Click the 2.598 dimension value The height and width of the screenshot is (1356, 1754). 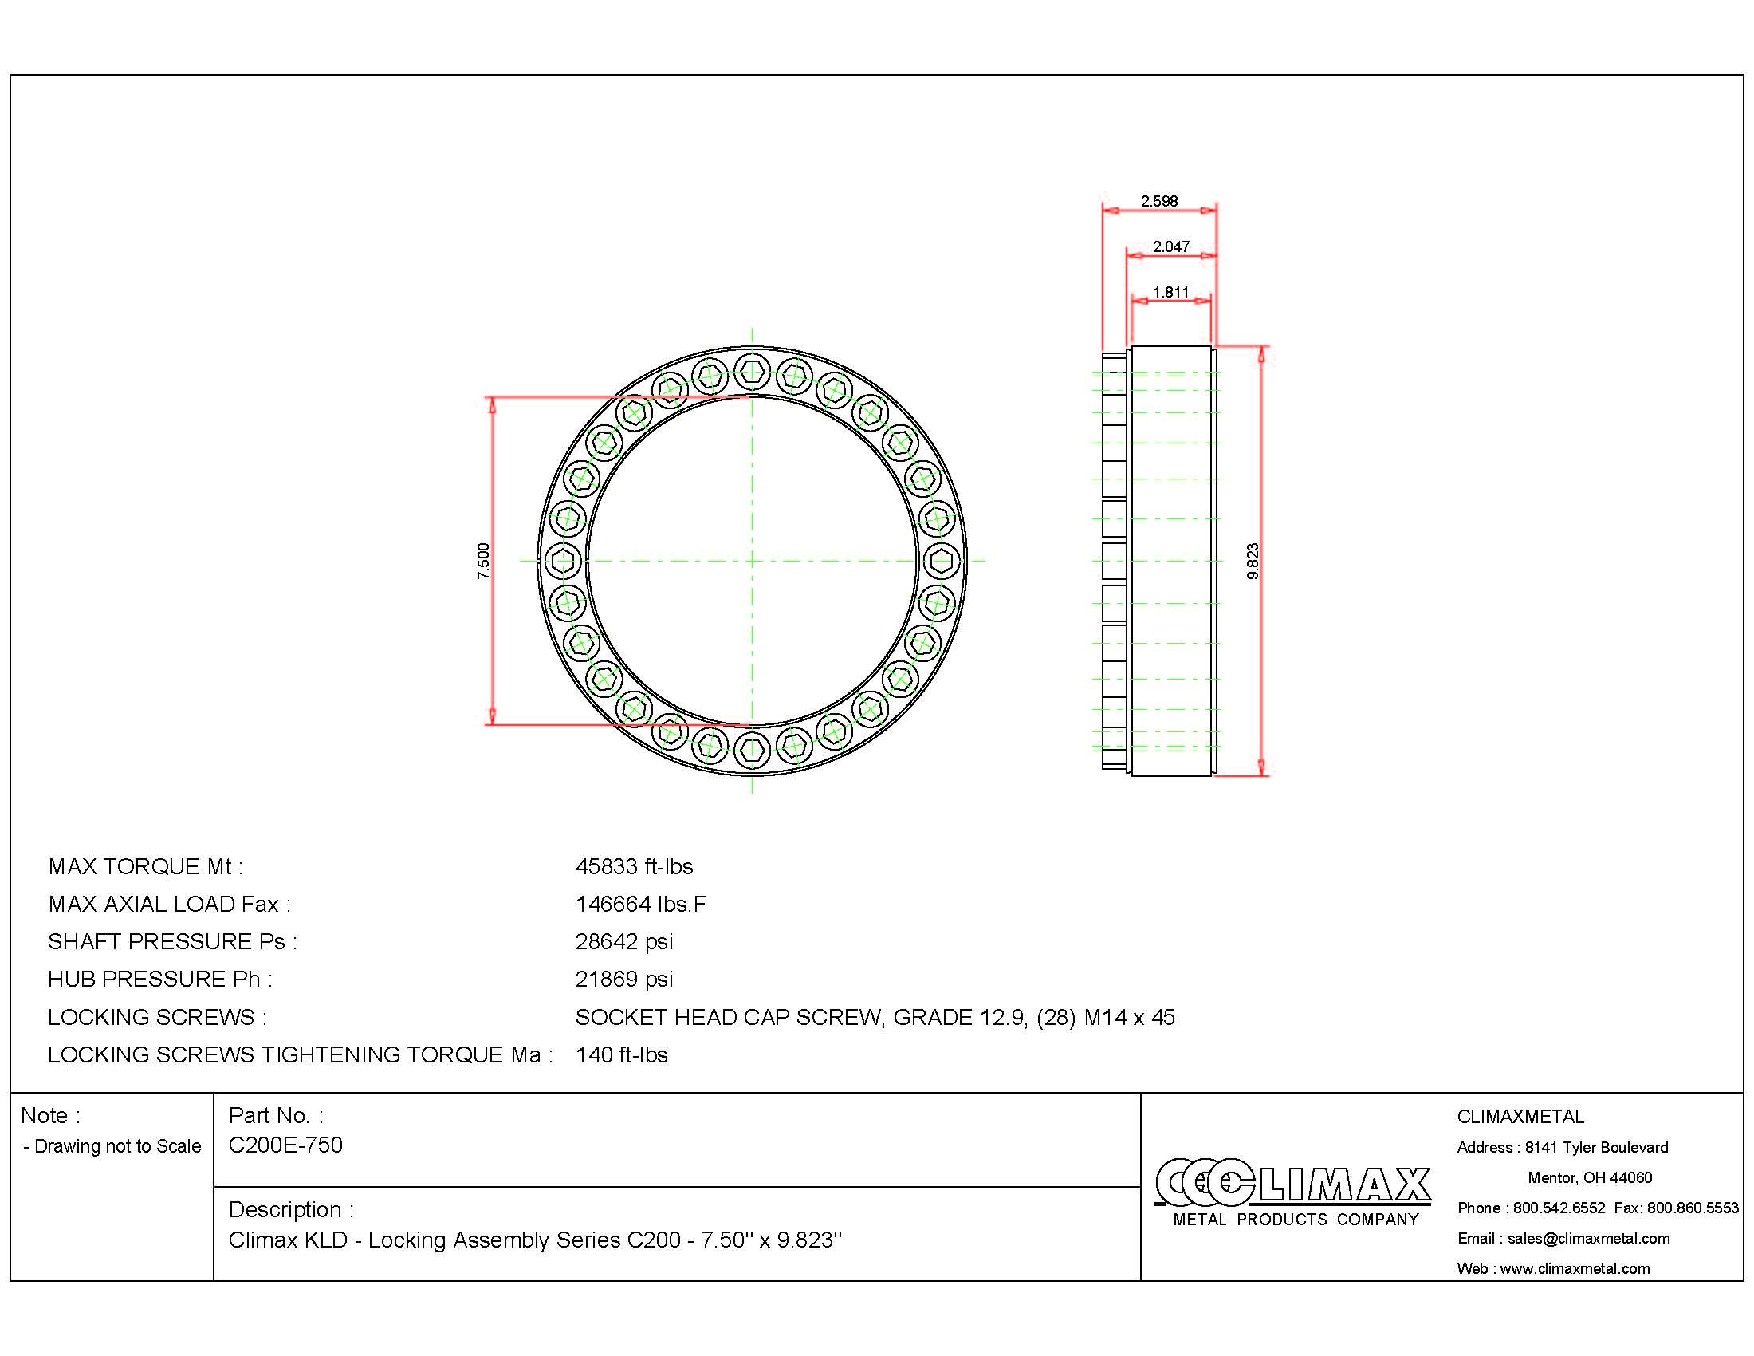pos(1159,201)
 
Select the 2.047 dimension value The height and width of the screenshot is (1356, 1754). pos(1170,246)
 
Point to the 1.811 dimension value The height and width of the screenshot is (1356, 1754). pos(1170,292)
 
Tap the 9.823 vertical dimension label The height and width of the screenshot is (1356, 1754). pos(1253,561)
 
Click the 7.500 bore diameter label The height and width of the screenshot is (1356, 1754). pos(482,561)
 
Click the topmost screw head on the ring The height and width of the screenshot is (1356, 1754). pos(752,371)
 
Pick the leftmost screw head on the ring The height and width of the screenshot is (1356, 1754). pos(562,560)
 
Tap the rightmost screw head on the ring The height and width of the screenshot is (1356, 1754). pos(942,560)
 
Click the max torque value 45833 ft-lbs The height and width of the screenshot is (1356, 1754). pos(634,867)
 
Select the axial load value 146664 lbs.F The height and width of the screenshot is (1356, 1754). pos(640,905)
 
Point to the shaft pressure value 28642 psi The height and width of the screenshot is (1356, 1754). pos(624,941)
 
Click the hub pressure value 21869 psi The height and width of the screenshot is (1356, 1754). pos(624,980)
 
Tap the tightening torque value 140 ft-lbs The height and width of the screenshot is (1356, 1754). pos(621,1054)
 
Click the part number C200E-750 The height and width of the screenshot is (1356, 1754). pos(285,1145)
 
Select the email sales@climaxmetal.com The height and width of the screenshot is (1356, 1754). pos(1587,1238)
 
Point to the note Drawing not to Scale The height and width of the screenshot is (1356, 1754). pos(112,1146)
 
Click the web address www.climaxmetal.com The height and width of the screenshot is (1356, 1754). pos(1574,1268)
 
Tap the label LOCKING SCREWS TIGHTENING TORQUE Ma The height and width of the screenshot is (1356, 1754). pos(300,1054)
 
